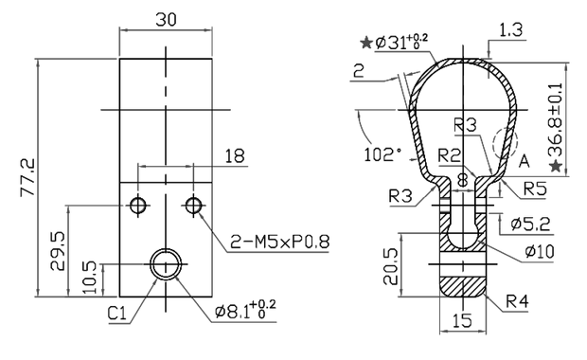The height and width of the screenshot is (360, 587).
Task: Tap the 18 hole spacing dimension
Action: (x=234, y=154)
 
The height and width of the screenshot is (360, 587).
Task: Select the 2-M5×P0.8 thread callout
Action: (x=280, y=243)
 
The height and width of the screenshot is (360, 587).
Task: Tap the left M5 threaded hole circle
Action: (x=139, y=205)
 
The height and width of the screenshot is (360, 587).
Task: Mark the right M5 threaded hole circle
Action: (x=194, y=205)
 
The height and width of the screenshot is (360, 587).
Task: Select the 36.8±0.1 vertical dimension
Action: (x=558, y=118)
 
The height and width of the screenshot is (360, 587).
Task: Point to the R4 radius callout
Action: (x=518, y=302)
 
